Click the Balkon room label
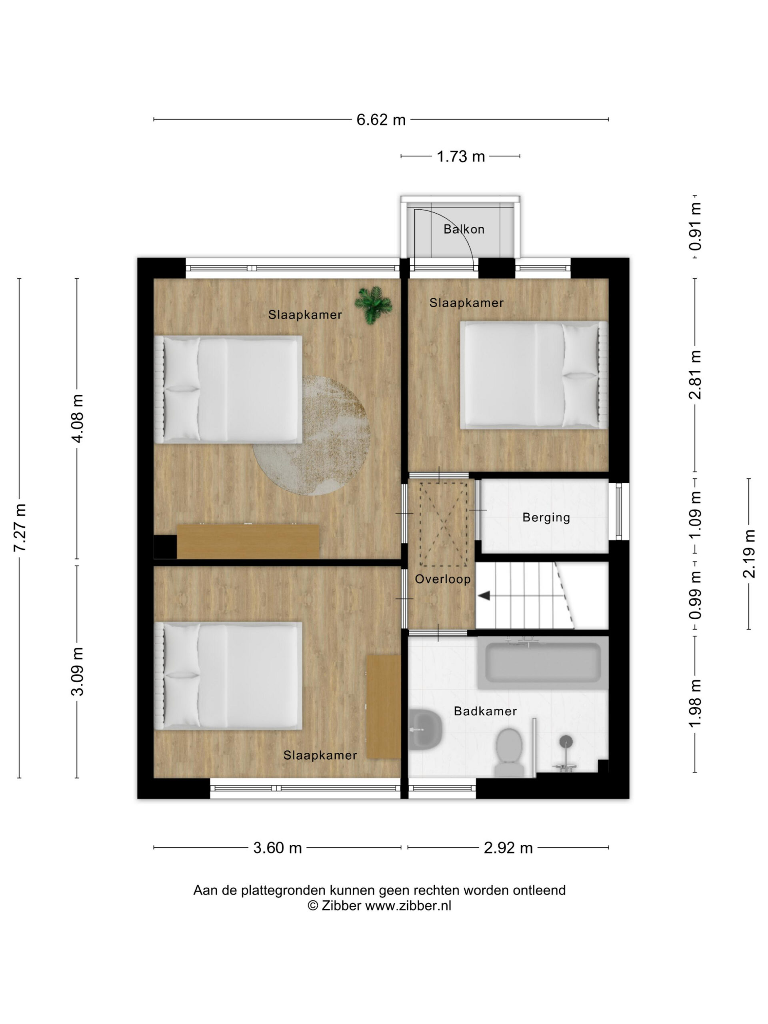pos(463,229)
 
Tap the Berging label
pos(546,518)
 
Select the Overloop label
pos(442,579)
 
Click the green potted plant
pos(373,305)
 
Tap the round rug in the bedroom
pos(312,436)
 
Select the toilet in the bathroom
pos(509,753)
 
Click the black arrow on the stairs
pos(484,595)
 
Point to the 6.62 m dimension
pos(381,120)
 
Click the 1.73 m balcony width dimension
pos(461,156)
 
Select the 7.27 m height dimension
pos(20,528)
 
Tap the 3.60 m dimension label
pos(277,848)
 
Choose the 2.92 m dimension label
pos(508,848)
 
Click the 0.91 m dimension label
pos(695,226)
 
